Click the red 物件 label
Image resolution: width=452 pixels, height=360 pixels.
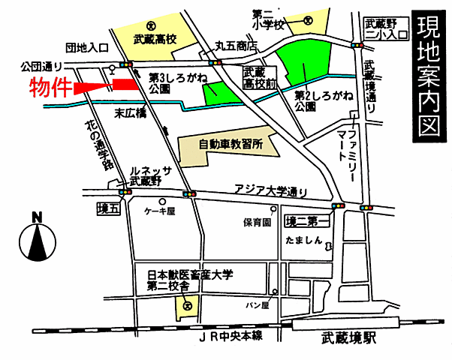(x=50, y=87)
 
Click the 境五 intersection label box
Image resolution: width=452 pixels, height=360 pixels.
(x=108, y=208)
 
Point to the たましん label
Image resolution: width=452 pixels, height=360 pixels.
(x=303, y=241)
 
